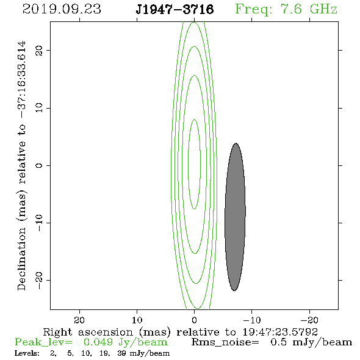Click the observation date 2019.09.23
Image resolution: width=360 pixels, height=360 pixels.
62,9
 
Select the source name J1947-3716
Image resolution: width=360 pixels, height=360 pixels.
175,9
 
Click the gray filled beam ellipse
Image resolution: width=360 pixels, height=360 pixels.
235,217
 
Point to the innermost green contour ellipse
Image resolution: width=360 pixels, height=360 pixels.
189,164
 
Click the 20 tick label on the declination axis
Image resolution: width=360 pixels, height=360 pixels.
39,50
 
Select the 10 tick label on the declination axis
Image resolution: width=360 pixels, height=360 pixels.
39,108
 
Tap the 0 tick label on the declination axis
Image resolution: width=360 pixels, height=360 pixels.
39,165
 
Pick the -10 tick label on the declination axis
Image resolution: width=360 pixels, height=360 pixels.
39,223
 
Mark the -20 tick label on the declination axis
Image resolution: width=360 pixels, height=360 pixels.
39,280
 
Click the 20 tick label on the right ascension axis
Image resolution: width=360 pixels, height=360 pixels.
79,320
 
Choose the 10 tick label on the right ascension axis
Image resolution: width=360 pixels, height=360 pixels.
137,320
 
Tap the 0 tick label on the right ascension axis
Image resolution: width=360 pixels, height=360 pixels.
194,320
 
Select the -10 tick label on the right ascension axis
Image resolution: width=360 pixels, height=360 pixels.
252,320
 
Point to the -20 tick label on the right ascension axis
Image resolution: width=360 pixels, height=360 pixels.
309,320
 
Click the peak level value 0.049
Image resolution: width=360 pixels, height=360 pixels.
98,342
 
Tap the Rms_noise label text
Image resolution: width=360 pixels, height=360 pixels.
225,342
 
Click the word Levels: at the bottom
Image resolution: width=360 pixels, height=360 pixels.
27,353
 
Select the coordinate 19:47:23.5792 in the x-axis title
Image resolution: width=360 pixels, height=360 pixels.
280,332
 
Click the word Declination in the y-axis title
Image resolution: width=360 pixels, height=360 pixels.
21,259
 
